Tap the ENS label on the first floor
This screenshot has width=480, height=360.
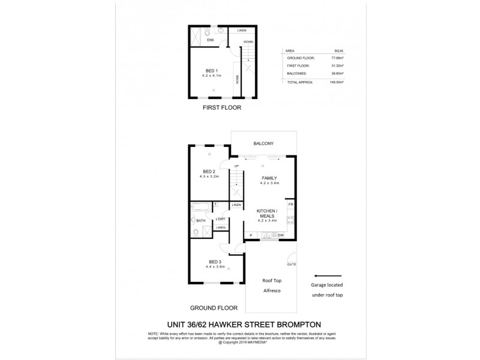pos(211,40)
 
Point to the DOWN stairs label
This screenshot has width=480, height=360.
pos(248,42)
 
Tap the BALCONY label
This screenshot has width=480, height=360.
pos(263,143)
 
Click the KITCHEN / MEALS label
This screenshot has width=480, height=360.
pos(266,214)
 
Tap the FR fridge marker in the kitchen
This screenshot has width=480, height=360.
pos(290,205)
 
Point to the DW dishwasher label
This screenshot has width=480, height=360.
pos(280,235)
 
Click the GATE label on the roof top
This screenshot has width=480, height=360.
pos(292,264)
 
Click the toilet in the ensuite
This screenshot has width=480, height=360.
pos(220,29)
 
